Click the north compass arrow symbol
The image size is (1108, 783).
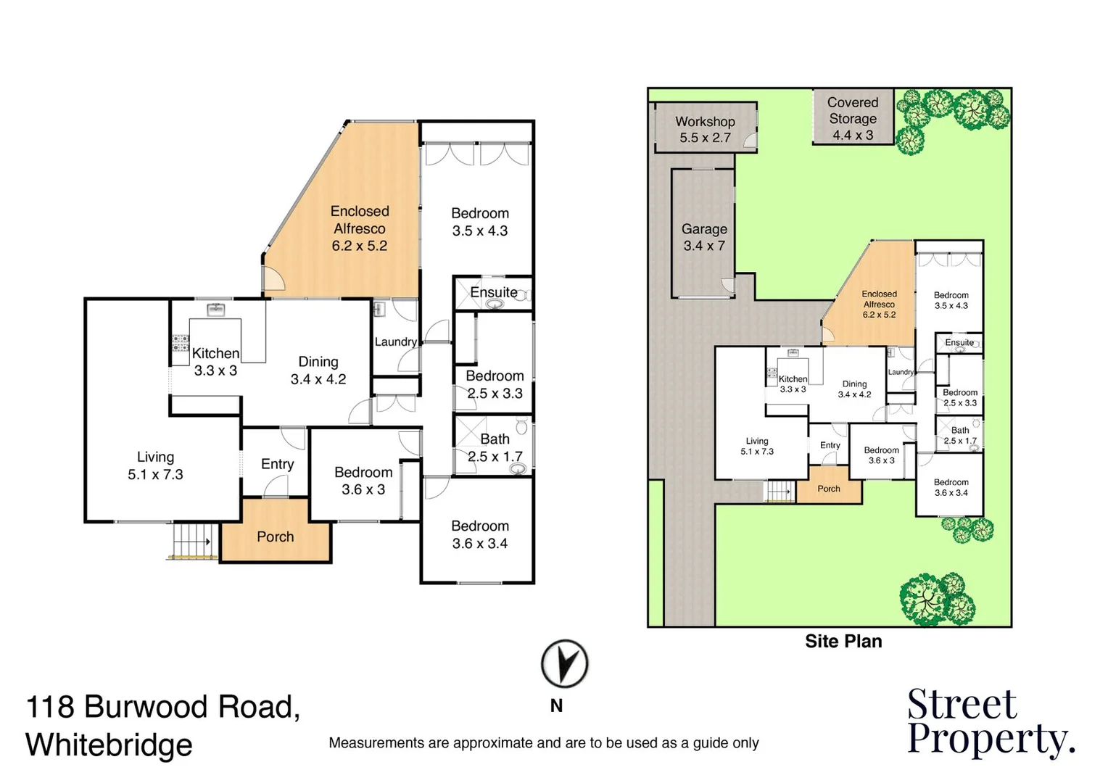click(564, 663)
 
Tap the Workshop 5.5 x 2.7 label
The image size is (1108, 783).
click(705, 130)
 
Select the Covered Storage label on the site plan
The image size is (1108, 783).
click(853, 118)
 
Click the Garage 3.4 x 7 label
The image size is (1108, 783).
click(704, 237)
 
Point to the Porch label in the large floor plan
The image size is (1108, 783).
click(276, 536)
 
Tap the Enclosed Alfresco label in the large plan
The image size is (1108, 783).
click(360, 228)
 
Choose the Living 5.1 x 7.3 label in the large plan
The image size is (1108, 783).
click(155, 465)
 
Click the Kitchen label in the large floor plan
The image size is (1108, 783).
click(215, 354)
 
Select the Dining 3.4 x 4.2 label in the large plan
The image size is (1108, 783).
click(318, 370)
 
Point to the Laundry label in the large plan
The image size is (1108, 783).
click(395, 341)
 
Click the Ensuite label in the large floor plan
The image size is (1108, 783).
click(494, 292)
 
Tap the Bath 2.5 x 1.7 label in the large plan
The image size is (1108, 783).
click(495, 448)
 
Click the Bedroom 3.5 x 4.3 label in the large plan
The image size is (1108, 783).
click(480, 222)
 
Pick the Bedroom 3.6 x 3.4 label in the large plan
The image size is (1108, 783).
click(480, 534)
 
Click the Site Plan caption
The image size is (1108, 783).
click(843, 641)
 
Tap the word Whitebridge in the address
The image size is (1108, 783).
click(109, 745)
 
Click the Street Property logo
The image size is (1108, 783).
click(989, 722)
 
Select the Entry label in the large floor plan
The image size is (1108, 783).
click(278, 464)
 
